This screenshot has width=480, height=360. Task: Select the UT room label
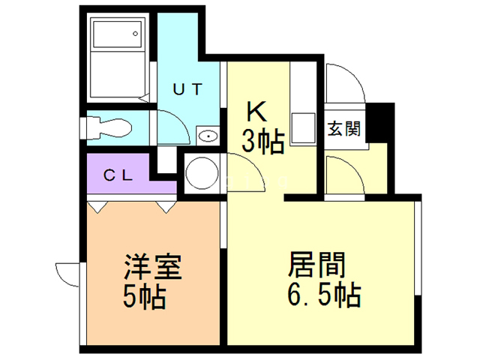coord(187,89)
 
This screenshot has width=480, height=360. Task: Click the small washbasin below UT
coord(207,136)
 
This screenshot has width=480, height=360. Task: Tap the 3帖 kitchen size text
coord(262,139)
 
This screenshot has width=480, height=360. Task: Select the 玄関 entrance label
coord(343,128)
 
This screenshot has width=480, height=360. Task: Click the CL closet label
coord(118,176)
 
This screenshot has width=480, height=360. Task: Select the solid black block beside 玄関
coord(382,122)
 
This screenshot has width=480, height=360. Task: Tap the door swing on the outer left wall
coord(68,274)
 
